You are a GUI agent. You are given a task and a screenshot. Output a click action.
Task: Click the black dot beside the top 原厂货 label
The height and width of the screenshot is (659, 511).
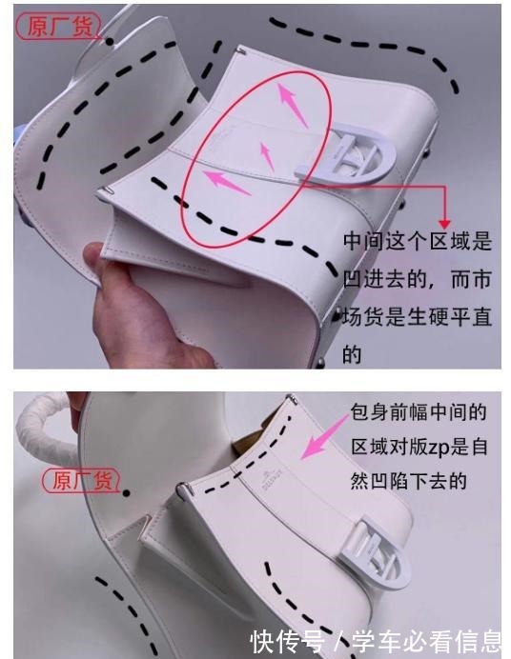(110, 41)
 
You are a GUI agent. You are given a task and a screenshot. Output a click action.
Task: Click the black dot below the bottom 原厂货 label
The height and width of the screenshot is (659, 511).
(128, 492)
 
